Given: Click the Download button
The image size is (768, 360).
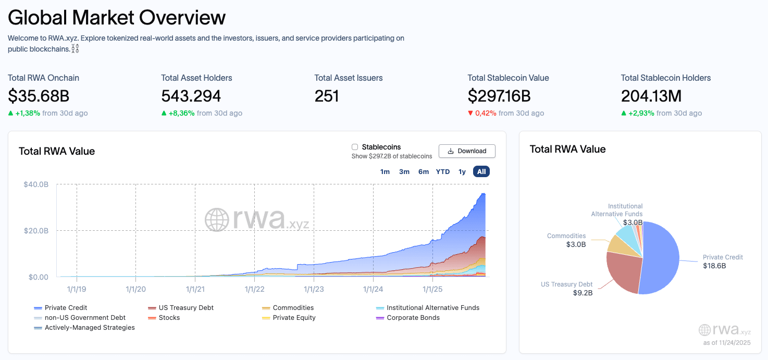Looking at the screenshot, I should [x=467, y=151].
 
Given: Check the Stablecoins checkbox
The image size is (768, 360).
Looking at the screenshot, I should [x=355, y=147].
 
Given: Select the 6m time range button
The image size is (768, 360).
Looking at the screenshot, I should [x=423, y=172].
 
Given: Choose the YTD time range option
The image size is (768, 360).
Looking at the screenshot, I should [x=443, y=172].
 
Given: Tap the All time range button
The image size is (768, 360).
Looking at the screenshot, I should [x=481, y=172].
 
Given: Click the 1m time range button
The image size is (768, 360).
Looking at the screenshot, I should [x=385, y=172].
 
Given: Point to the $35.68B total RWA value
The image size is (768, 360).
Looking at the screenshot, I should [x=39, y=96].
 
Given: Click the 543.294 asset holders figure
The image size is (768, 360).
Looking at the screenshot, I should [x=191, y=96].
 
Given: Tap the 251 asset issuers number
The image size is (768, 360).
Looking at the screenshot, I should [x=327, y=96].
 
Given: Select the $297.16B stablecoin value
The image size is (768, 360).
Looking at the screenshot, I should [x=499, y=96].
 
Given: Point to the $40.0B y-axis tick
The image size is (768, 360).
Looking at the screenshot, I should [x=36, y=184].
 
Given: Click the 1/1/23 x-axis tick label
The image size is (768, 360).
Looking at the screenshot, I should [x=314, y=289].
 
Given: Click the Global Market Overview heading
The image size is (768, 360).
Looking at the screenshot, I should [x=117, y=18].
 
